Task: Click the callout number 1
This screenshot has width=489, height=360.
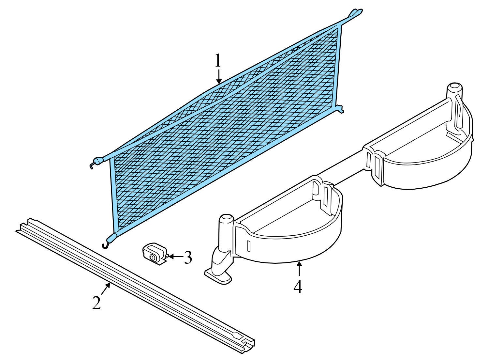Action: (218, 61)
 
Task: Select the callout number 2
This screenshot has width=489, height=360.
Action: (96, 303)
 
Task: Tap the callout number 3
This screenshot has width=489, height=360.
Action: (187, 257)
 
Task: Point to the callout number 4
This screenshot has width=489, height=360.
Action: (298, 286)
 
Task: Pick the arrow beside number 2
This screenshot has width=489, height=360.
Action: (106, 289)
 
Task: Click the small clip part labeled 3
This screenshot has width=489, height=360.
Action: (155, 254)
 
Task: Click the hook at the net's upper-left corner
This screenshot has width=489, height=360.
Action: (96, 163)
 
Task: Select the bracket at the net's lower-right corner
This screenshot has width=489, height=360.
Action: (339, 109)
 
